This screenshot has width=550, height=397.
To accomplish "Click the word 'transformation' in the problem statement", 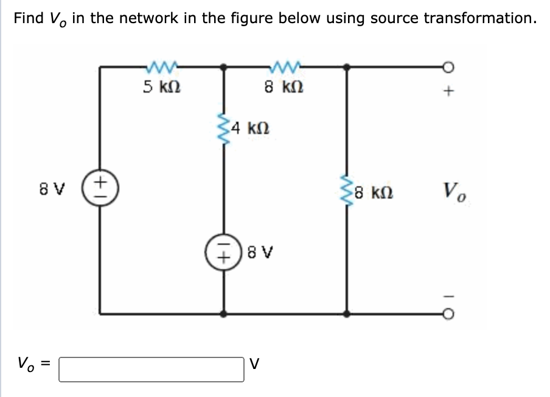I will pyautogui.click(x=480, y=18).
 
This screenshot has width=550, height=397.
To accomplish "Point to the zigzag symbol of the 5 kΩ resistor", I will pyautogui.click(x=161, y=65).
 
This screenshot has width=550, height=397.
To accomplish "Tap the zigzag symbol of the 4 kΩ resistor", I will pyautogui.click(x=225, y=128).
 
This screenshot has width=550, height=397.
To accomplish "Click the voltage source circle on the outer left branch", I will pyautogui.click(x=101, y=186).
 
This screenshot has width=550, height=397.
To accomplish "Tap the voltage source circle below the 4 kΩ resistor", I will pyautogui.click(x=225, y=251).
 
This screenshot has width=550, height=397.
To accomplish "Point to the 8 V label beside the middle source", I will pyautogui.click(x=259, y=251).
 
